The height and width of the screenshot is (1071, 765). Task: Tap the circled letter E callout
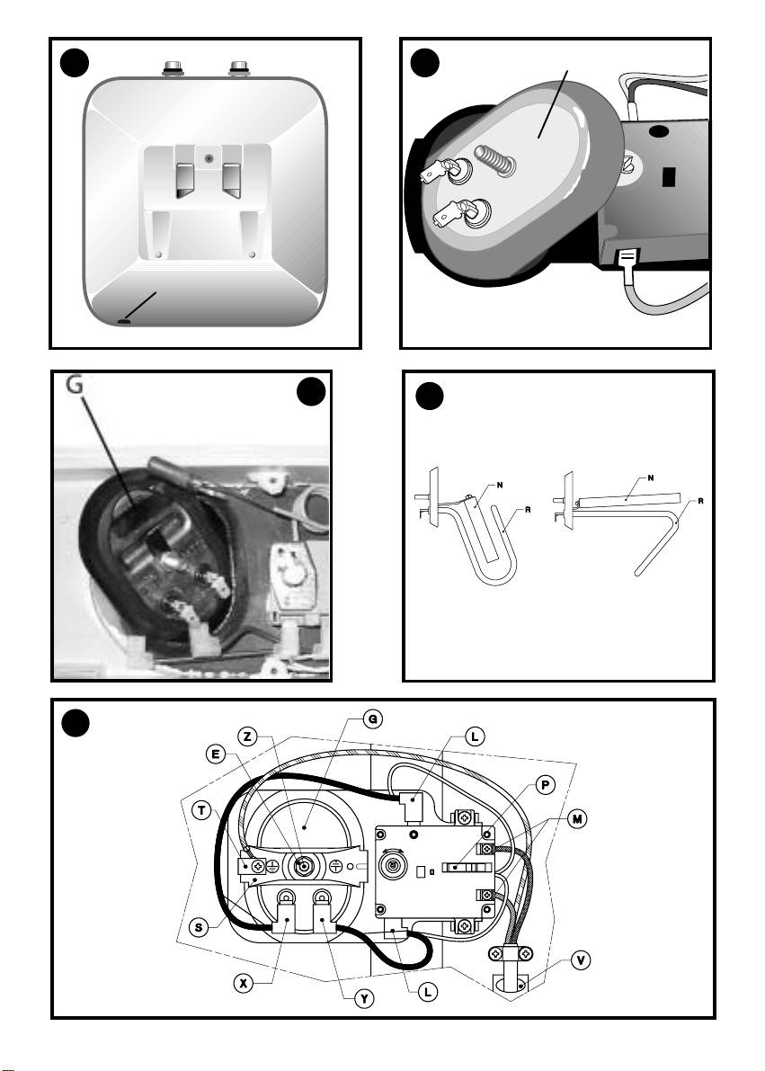[x=217, y=756]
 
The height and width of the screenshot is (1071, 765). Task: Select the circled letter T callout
[x=203, y=809]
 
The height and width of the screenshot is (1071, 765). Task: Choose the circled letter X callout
[x=243, y=983]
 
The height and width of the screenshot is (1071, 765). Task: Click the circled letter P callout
[x=544, y=785]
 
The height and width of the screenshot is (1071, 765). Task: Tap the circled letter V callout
[x=583, y=959]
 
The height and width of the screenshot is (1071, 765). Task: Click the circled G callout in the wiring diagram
[x=369, y=718]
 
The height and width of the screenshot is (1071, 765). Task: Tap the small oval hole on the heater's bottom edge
[x=124, y=319]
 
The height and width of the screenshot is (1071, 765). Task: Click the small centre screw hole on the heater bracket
[x=209, y=158]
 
